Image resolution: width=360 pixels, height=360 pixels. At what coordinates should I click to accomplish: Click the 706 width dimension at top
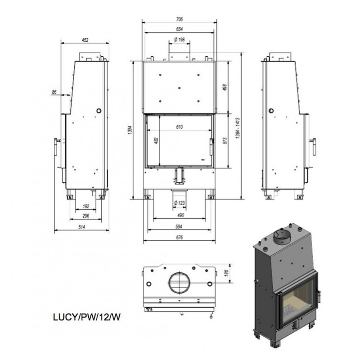click(x=180, y=19)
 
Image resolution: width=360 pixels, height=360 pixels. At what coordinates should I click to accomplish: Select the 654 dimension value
click(x=180, y=29)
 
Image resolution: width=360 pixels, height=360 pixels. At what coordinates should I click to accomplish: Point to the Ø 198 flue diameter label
click(x=180, y=40)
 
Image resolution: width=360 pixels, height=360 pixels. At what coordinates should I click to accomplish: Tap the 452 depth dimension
click(x=85, y=40)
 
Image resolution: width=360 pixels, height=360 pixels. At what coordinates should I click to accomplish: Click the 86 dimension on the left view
click(x=54, y=92)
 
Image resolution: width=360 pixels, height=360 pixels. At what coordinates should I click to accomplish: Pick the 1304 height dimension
click(x=130, y=130)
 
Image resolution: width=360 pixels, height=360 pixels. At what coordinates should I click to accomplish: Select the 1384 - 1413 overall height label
click(x=238, y=128)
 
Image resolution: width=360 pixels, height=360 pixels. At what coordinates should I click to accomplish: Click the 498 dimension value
click(x=225, y=87)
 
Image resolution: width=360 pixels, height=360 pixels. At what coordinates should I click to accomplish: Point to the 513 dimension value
click(x=225, y=140)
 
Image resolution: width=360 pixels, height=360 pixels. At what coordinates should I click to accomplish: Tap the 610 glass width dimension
click(x=180, y=127)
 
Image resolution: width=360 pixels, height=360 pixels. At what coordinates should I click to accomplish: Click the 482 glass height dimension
click(x=157, y=140)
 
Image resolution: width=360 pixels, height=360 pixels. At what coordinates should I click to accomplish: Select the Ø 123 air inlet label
click(x=179, y=203)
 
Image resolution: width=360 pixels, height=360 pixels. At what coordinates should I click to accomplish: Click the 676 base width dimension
click(x=179, y=237)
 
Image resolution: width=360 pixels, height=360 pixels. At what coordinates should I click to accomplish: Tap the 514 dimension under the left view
click(x=82, y=227)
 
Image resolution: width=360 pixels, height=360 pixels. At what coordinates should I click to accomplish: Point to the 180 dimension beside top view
click(x=226, y=273)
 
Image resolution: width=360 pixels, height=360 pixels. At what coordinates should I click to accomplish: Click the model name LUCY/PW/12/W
click(x=87, y=317)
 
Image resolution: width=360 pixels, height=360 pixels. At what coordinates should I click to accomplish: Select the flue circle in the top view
click(x=179, y=272)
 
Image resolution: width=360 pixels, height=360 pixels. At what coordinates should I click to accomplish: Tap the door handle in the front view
click(x=211, y=147)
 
